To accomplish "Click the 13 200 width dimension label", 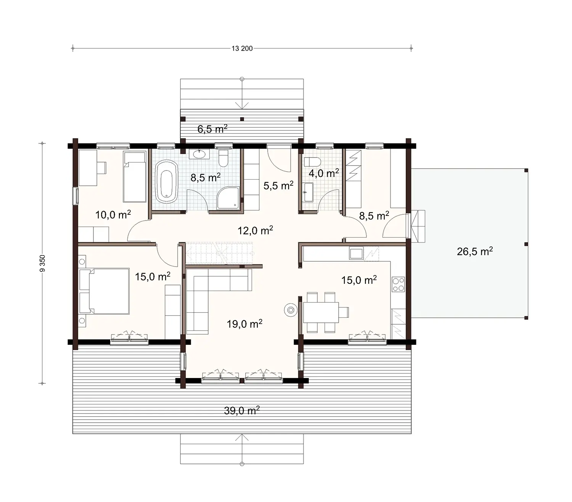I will tap(242, 48).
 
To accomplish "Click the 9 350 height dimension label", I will tap(42, 263).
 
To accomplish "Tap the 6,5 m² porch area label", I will tap(212, 129).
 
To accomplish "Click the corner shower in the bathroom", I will tap(228, 198).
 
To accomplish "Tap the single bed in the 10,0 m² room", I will tap(135, 177).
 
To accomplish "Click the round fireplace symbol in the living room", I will tap(291, 310).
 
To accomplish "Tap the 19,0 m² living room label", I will tap(244, 324).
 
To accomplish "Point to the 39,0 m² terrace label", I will tap(242, 411).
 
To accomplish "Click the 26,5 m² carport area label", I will tap(475, 251).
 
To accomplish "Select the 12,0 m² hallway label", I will tap(255, 230).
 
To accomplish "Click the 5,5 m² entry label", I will tap(278, 186).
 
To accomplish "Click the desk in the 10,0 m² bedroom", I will tap(87, 167).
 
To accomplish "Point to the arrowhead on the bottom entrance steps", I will tap(242, 437).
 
